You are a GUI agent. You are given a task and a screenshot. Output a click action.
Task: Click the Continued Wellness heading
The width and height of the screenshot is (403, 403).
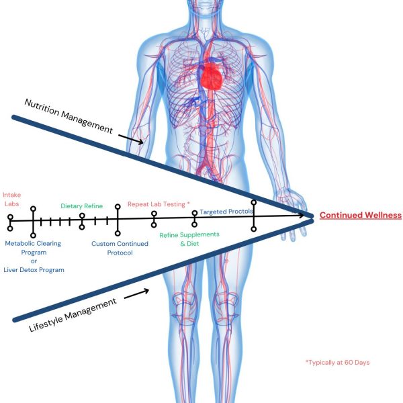(x=361, y=216)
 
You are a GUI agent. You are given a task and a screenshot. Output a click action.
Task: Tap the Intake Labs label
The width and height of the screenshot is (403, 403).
(x=12, y=199)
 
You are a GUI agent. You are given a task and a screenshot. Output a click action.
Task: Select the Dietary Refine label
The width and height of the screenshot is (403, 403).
(x=82, y=206)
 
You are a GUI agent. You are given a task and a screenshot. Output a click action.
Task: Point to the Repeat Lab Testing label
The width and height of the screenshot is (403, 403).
(x=156, y=204)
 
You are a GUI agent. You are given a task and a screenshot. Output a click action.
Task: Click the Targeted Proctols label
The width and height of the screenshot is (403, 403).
(x=226, y=212)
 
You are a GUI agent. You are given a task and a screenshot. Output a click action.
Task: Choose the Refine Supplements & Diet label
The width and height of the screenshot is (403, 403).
(x=189, y=239)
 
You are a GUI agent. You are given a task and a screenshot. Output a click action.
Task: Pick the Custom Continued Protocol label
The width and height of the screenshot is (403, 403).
(x=120, y=248)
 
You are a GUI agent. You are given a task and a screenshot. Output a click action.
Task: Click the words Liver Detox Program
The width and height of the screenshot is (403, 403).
(x=34, y=270)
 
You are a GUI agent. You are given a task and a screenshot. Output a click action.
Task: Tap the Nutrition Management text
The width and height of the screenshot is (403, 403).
(x=69, y=116)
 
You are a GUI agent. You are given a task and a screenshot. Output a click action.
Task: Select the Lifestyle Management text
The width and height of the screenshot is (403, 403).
(x=73, y=315)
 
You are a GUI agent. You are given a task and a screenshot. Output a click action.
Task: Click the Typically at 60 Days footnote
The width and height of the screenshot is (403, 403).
(x=337, y=363)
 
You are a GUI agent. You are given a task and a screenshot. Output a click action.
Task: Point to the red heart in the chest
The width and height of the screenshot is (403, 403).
(x=212, y=77)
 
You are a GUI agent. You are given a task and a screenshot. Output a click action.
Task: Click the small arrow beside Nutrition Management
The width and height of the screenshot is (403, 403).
(x=131, y=139)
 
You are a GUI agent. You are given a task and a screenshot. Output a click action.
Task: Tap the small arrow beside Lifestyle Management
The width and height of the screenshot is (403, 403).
(x=136, y=294)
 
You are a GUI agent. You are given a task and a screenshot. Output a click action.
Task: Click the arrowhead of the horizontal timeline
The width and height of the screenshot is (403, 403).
(x=301, y=216)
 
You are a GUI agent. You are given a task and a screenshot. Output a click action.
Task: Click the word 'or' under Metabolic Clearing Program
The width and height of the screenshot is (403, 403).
(x=34, y=261)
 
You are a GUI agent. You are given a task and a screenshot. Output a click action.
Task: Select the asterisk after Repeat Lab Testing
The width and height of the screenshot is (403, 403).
(x=188, y=204)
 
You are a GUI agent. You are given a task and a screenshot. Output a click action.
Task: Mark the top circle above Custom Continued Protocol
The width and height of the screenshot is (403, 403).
(x=118, y=207)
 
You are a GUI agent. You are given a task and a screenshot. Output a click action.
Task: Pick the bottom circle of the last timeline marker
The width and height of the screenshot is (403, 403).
(x=254, y=229)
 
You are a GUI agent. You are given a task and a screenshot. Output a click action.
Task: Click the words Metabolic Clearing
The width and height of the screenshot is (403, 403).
(x=33, y=243)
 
